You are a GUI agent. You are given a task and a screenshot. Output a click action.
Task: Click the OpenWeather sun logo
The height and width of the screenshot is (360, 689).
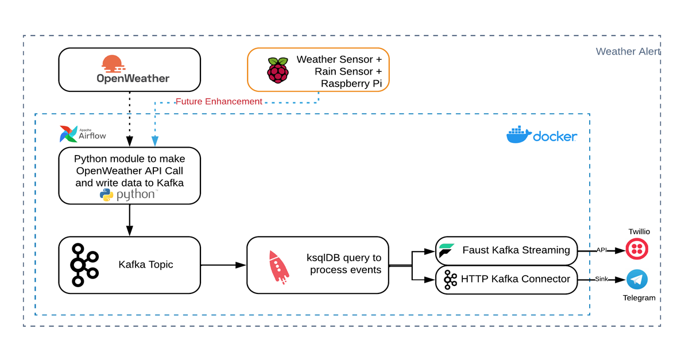[113, 64]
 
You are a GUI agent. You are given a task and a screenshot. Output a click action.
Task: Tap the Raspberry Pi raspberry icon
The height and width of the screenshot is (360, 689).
[278, 70]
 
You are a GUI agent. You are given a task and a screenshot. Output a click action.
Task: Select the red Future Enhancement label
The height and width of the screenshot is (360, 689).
[219, 101]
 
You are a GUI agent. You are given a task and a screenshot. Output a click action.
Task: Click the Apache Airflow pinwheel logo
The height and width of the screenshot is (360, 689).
[68, 134]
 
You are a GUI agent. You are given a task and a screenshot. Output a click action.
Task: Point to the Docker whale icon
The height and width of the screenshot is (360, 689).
[519, 134]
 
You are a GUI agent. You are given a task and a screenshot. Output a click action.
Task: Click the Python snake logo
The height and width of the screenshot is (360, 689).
[106, 195]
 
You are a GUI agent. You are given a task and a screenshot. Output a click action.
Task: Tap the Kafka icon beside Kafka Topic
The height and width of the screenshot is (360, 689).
[84, 265]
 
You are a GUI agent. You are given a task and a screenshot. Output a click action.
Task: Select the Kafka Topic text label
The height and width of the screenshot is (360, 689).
[145, 265]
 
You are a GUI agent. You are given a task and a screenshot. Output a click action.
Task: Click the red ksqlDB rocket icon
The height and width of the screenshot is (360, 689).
[278, 267]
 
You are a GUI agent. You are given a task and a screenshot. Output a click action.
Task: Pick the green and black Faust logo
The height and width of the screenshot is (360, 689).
[446, 250]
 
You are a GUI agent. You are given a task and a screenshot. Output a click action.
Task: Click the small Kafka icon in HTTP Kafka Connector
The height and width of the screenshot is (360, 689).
[450, 280]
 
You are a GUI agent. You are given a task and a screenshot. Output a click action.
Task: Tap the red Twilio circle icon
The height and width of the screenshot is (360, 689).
[637, 249]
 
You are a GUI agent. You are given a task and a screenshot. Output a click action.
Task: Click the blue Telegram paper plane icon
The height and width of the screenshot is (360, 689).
[637, 280]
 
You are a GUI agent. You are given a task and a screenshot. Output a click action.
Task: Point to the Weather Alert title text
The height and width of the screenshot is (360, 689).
[628, 51]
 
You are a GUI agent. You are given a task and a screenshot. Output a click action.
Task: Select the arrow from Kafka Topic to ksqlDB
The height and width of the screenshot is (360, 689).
[223, 265]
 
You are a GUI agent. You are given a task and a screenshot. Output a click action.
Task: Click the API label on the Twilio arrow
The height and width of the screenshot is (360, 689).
[602, 250]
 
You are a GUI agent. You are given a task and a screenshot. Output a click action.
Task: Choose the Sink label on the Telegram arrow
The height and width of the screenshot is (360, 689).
[602, 279]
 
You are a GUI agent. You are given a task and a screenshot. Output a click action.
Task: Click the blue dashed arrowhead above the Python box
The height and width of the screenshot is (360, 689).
[155, 141]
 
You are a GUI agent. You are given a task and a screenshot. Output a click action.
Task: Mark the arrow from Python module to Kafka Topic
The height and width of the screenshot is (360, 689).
[130, 220]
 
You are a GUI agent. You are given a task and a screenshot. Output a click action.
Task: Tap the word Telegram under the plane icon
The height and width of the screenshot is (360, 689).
[639, 298]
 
